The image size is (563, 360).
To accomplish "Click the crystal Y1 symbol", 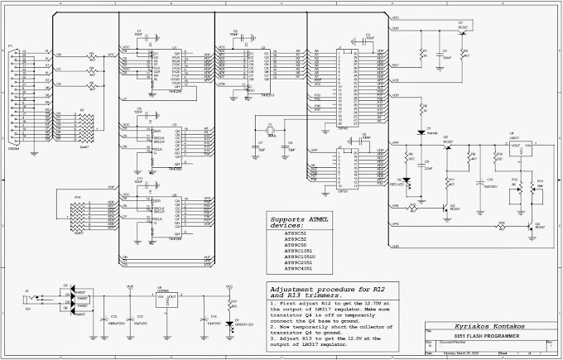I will coord(268,135).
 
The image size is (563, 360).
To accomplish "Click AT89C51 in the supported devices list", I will coord(296,234).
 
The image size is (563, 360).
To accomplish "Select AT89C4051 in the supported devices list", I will coord(298,269).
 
